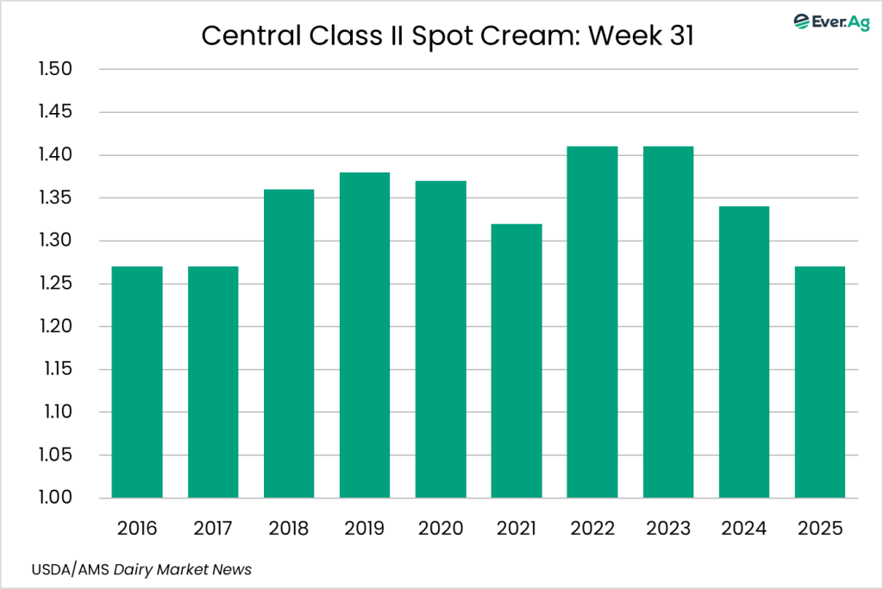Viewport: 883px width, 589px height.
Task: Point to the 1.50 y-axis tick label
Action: (56, 70)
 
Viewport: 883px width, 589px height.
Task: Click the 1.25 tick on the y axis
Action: (56, 284)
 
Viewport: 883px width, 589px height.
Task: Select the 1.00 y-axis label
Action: (56, 498)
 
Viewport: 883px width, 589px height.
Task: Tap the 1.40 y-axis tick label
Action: (56, 155)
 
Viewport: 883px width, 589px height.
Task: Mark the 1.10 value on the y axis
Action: (56, 412)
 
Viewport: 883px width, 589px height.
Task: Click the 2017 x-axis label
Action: (213, 528)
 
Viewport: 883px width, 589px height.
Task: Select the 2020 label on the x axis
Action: (441, 528)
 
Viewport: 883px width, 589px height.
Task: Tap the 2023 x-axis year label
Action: (668, 528)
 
